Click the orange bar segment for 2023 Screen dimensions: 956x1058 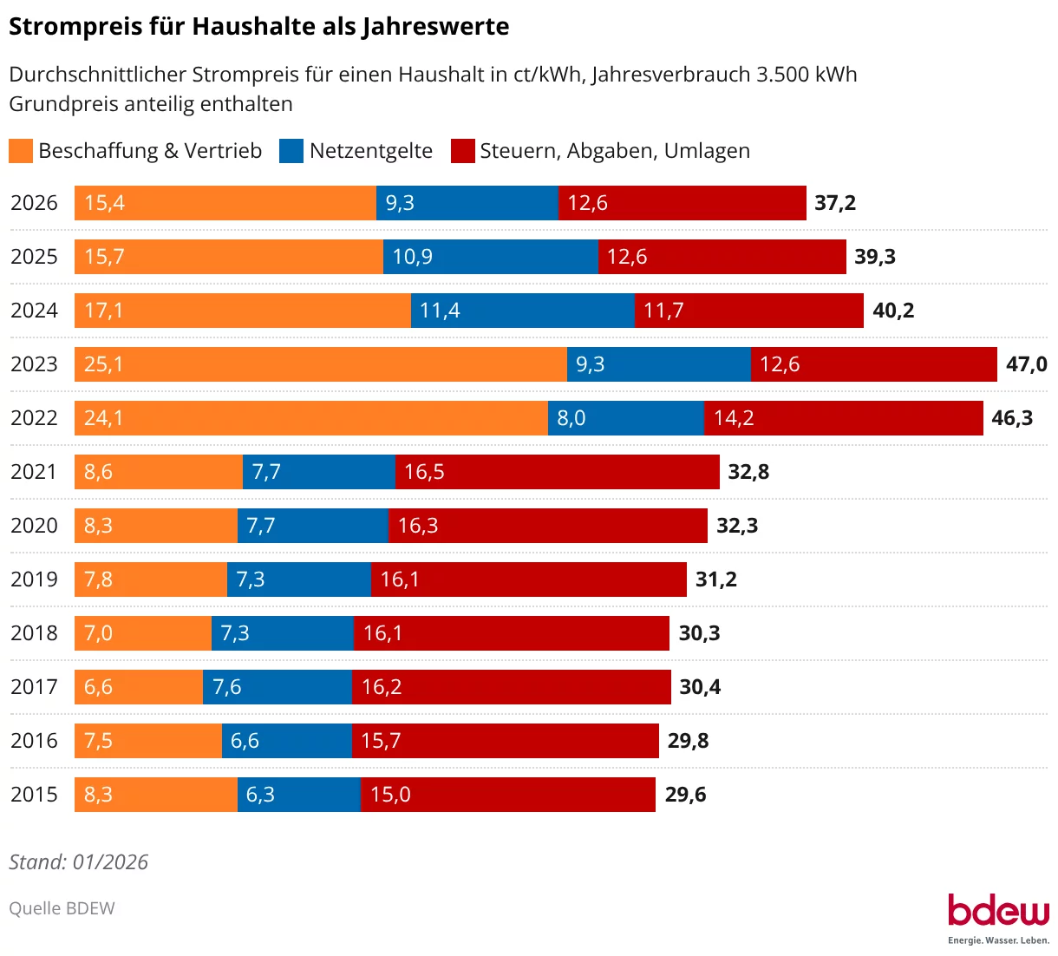tap(321, 364)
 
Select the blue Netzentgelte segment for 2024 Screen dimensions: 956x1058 tap(523, 311)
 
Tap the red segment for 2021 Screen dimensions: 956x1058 tap(557, 472)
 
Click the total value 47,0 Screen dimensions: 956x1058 tap(1026, 364)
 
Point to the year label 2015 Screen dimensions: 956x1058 tap(34, 795)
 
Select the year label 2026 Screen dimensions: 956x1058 tap(34, 203)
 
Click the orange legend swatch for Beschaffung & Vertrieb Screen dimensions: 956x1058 tap(21, 151)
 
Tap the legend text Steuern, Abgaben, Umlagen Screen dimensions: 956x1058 tap(614, 151)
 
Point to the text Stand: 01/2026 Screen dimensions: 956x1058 tap(78, 862)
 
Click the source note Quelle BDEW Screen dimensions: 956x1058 tap(62, 908)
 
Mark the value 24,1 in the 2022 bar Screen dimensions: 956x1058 tap(103, 418)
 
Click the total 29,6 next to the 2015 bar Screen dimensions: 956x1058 tap(685, 795)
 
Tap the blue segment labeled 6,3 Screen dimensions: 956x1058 tap(299, 795)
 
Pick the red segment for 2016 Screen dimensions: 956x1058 tap(506, 741)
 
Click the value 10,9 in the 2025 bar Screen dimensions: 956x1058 tap(413, 257)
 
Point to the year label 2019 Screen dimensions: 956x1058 tap(34, 579)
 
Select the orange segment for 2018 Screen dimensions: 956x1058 tap(143, 633)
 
